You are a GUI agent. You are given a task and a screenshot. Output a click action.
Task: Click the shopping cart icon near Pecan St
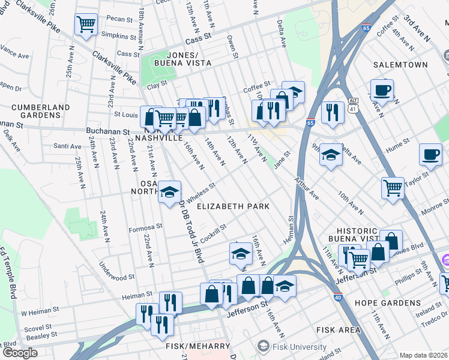click(86, 25)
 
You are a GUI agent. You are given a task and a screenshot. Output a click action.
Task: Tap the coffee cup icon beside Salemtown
click(382, 91)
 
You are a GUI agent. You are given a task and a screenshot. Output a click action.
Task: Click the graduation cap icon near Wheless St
click(170, 192)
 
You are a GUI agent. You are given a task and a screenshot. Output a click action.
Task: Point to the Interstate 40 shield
click(339, 296)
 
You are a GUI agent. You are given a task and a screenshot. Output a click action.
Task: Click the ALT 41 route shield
click(353, 106)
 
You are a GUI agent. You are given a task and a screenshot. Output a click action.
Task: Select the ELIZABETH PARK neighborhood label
click(233, 206)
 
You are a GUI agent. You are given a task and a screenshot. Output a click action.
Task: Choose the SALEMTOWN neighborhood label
click(400, 64)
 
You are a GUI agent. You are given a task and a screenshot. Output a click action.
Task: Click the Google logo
click(20, 353)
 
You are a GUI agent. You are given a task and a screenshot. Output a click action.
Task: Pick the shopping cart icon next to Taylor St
click(393, 188)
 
